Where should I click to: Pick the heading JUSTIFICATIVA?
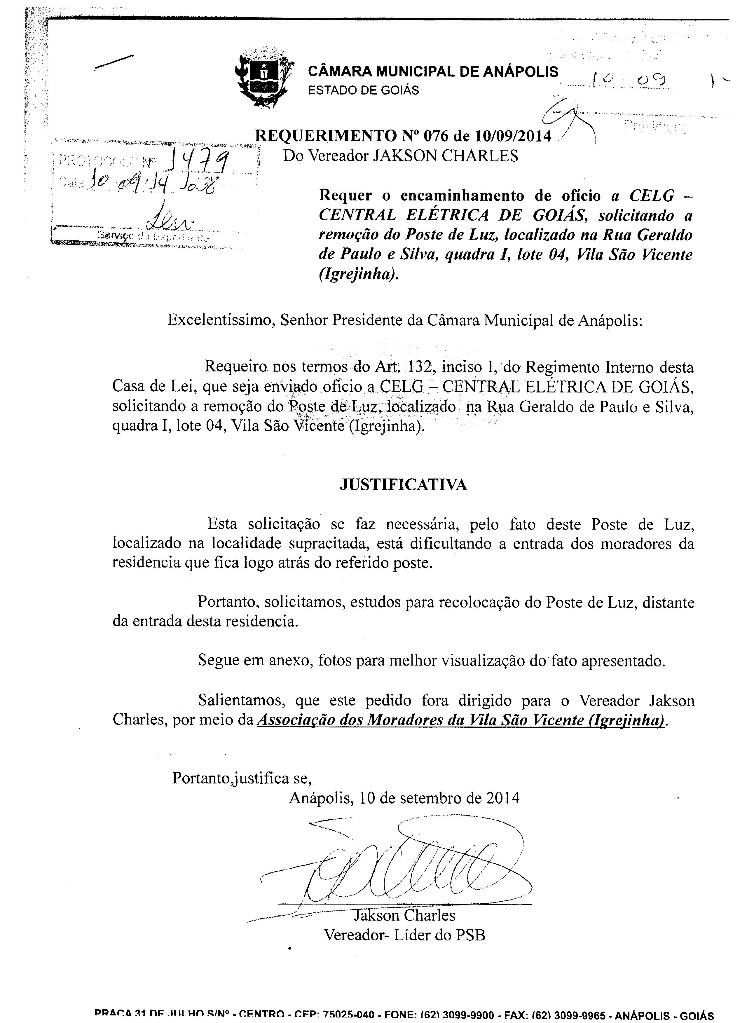click(403, 485)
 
